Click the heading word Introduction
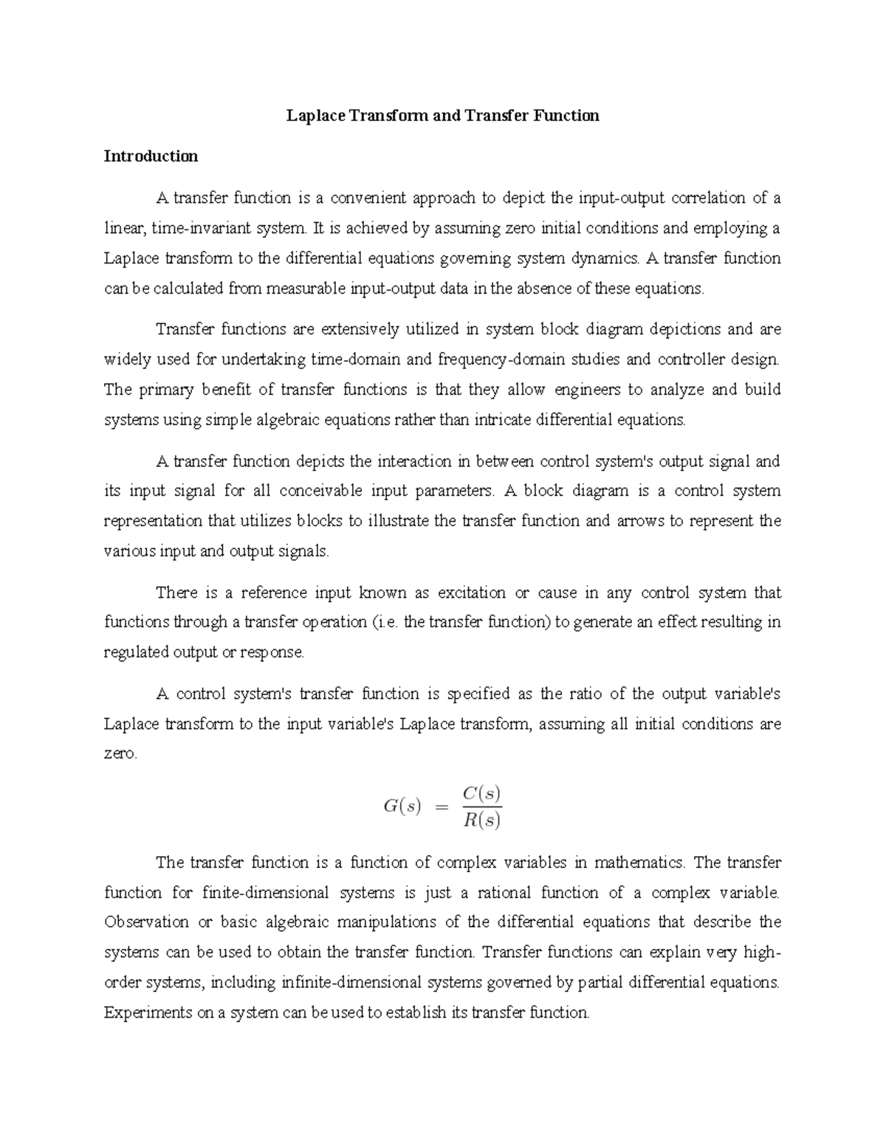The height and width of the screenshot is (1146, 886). (x=151, y=156)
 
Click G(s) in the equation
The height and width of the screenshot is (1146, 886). (x=402, y=807)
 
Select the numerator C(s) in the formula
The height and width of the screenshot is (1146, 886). (x=482, y=794)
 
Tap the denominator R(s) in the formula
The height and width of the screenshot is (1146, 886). (x=482, y=820)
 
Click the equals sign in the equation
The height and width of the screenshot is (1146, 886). (x=442, y=807)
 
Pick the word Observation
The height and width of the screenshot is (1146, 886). (x=146, y=922)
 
